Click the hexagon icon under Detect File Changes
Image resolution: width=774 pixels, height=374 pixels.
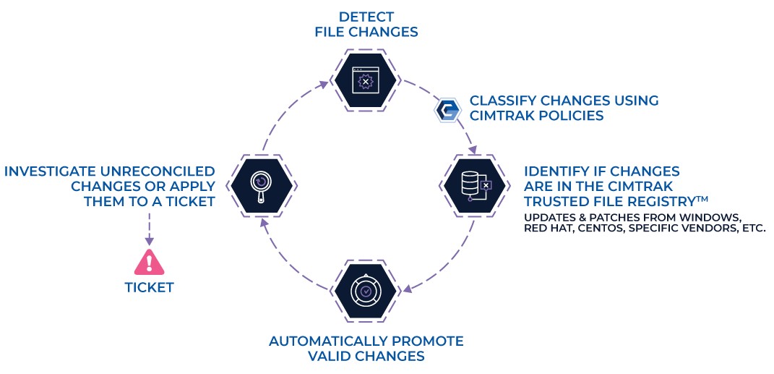point(365,80)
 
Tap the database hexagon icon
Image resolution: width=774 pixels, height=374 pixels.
point(474,185)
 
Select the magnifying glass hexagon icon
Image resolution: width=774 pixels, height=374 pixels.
point(262,185)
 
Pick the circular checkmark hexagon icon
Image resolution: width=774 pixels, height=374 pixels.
point(365,291)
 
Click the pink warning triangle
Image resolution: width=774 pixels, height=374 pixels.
point(149,263)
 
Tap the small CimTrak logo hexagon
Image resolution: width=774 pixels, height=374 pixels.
point(448,110)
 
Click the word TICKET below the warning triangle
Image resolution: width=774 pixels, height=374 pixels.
point(149,287)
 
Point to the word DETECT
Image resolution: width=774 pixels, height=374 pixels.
point(366,17)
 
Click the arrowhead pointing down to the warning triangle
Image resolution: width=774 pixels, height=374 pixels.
point(149,240)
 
